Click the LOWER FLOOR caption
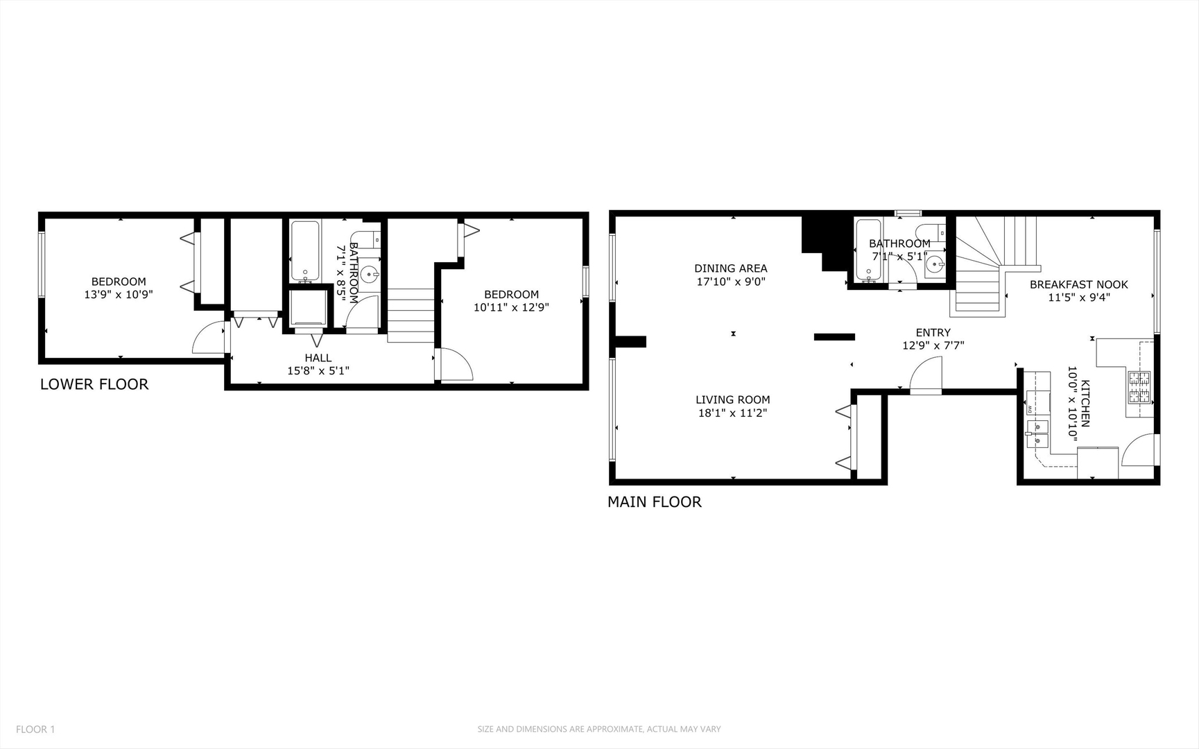pos(94,384)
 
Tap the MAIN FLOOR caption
pos(654,502)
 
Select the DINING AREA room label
pos(730,268)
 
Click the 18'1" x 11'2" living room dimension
pos(732,413)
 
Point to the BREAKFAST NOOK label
pos(1078,284)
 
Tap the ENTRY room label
pos(933,333)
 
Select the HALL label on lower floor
pos(318,358)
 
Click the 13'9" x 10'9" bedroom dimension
pos(119,294)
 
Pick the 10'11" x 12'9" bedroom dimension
pos(511,307)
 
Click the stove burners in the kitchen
pos(1139,387)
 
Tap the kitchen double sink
pos(1037,433)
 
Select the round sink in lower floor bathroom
pos(369,273)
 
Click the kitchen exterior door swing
pos(1139,451)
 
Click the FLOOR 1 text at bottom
pos(35,729)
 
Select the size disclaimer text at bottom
pos(598,729)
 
